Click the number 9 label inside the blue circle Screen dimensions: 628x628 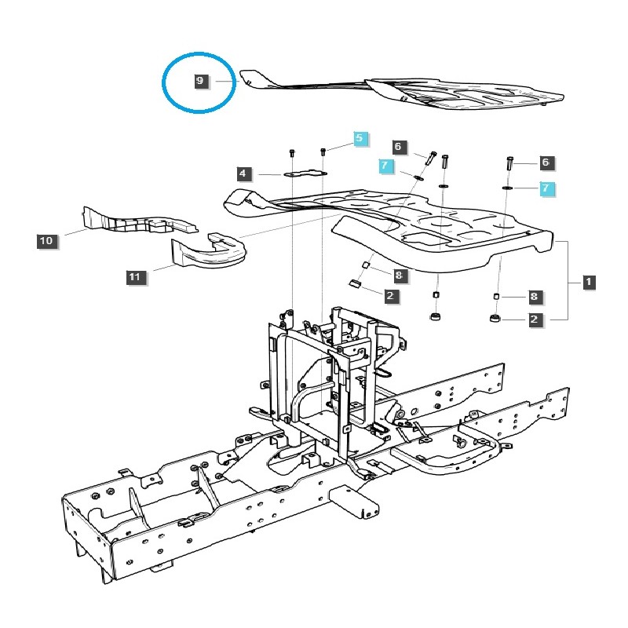201,81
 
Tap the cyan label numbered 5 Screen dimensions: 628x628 360,138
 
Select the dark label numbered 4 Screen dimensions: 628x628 244,173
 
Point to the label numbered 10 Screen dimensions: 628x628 46,241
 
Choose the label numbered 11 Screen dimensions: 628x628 134,276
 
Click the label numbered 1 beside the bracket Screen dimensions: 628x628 588,281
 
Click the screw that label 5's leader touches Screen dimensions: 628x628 323,151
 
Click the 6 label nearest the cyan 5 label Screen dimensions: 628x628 398,147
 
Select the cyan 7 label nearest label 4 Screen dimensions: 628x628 385,166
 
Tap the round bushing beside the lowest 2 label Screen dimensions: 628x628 494,319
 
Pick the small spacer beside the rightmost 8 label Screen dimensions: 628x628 496,296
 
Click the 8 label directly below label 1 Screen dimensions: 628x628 534,297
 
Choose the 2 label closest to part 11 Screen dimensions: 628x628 390,296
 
